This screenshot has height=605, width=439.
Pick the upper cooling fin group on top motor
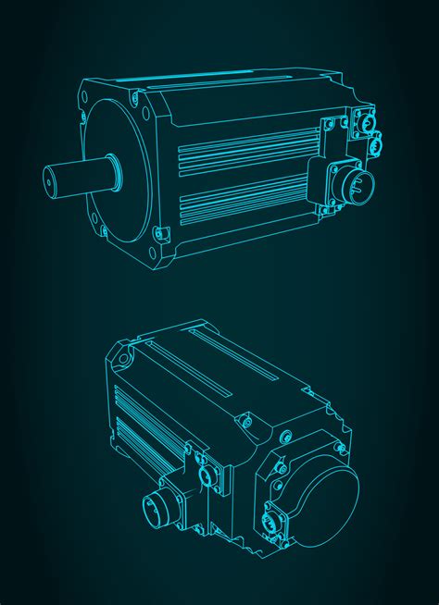(245, 149)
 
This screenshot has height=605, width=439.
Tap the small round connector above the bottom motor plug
(206, 475)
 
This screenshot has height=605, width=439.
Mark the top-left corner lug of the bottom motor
(119, 352)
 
